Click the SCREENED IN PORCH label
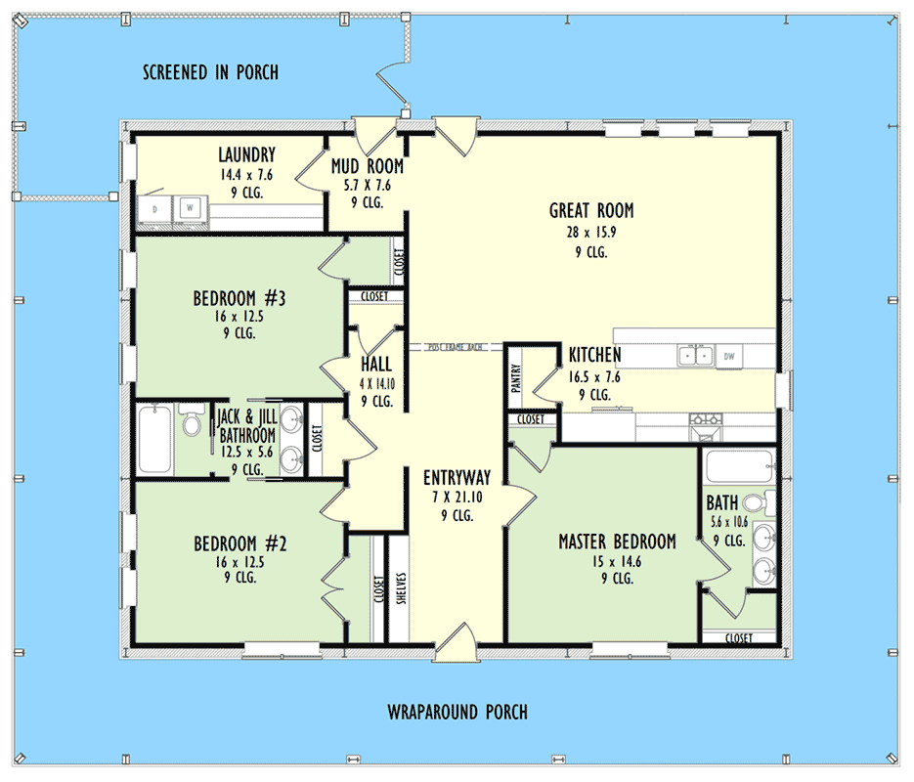tap(210, 72)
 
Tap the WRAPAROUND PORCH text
tap(457, 712)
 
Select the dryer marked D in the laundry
tap(155, 209)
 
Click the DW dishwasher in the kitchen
tap(728, 358)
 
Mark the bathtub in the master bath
tap(738, 467)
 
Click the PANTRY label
tap(516, 378)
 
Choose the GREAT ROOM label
tap(590, 210)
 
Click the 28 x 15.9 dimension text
tap(590, 232)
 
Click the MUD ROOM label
tap(367, 167)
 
